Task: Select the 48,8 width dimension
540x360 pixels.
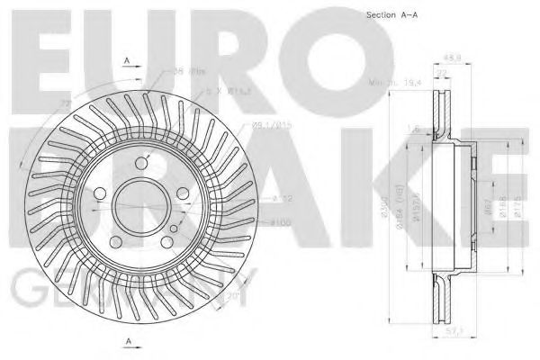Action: click(x=442, y=56)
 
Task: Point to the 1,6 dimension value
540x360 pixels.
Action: click(x=413, y=129)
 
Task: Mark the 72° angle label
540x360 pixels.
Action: click(x=65, y=107)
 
